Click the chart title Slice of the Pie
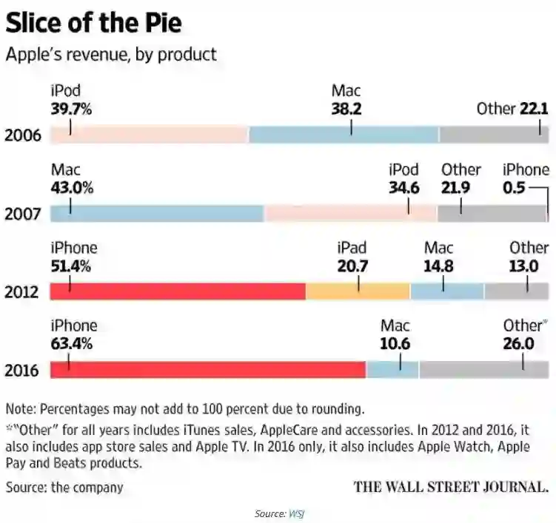point(93,23)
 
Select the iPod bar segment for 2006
point(149,135)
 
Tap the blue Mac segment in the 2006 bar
point(344,135)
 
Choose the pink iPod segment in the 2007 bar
point(351,213)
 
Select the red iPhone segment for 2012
point(178,291)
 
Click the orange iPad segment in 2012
point(358,291)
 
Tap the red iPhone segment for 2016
point(207,369)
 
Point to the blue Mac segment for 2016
point(392,369)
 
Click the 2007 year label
point(21,215)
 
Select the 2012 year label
point(21,292)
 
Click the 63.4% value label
point(72,343)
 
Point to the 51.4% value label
point(72,266)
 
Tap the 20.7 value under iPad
point(352,266)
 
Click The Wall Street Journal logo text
point(451,487)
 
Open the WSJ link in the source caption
point(297,513)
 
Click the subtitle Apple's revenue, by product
point(111,54)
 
